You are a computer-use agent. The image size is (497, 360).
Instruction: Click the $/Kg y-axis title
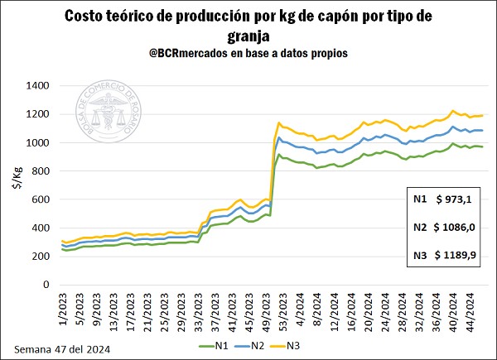pyautogui.click(x=14, y=185)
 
